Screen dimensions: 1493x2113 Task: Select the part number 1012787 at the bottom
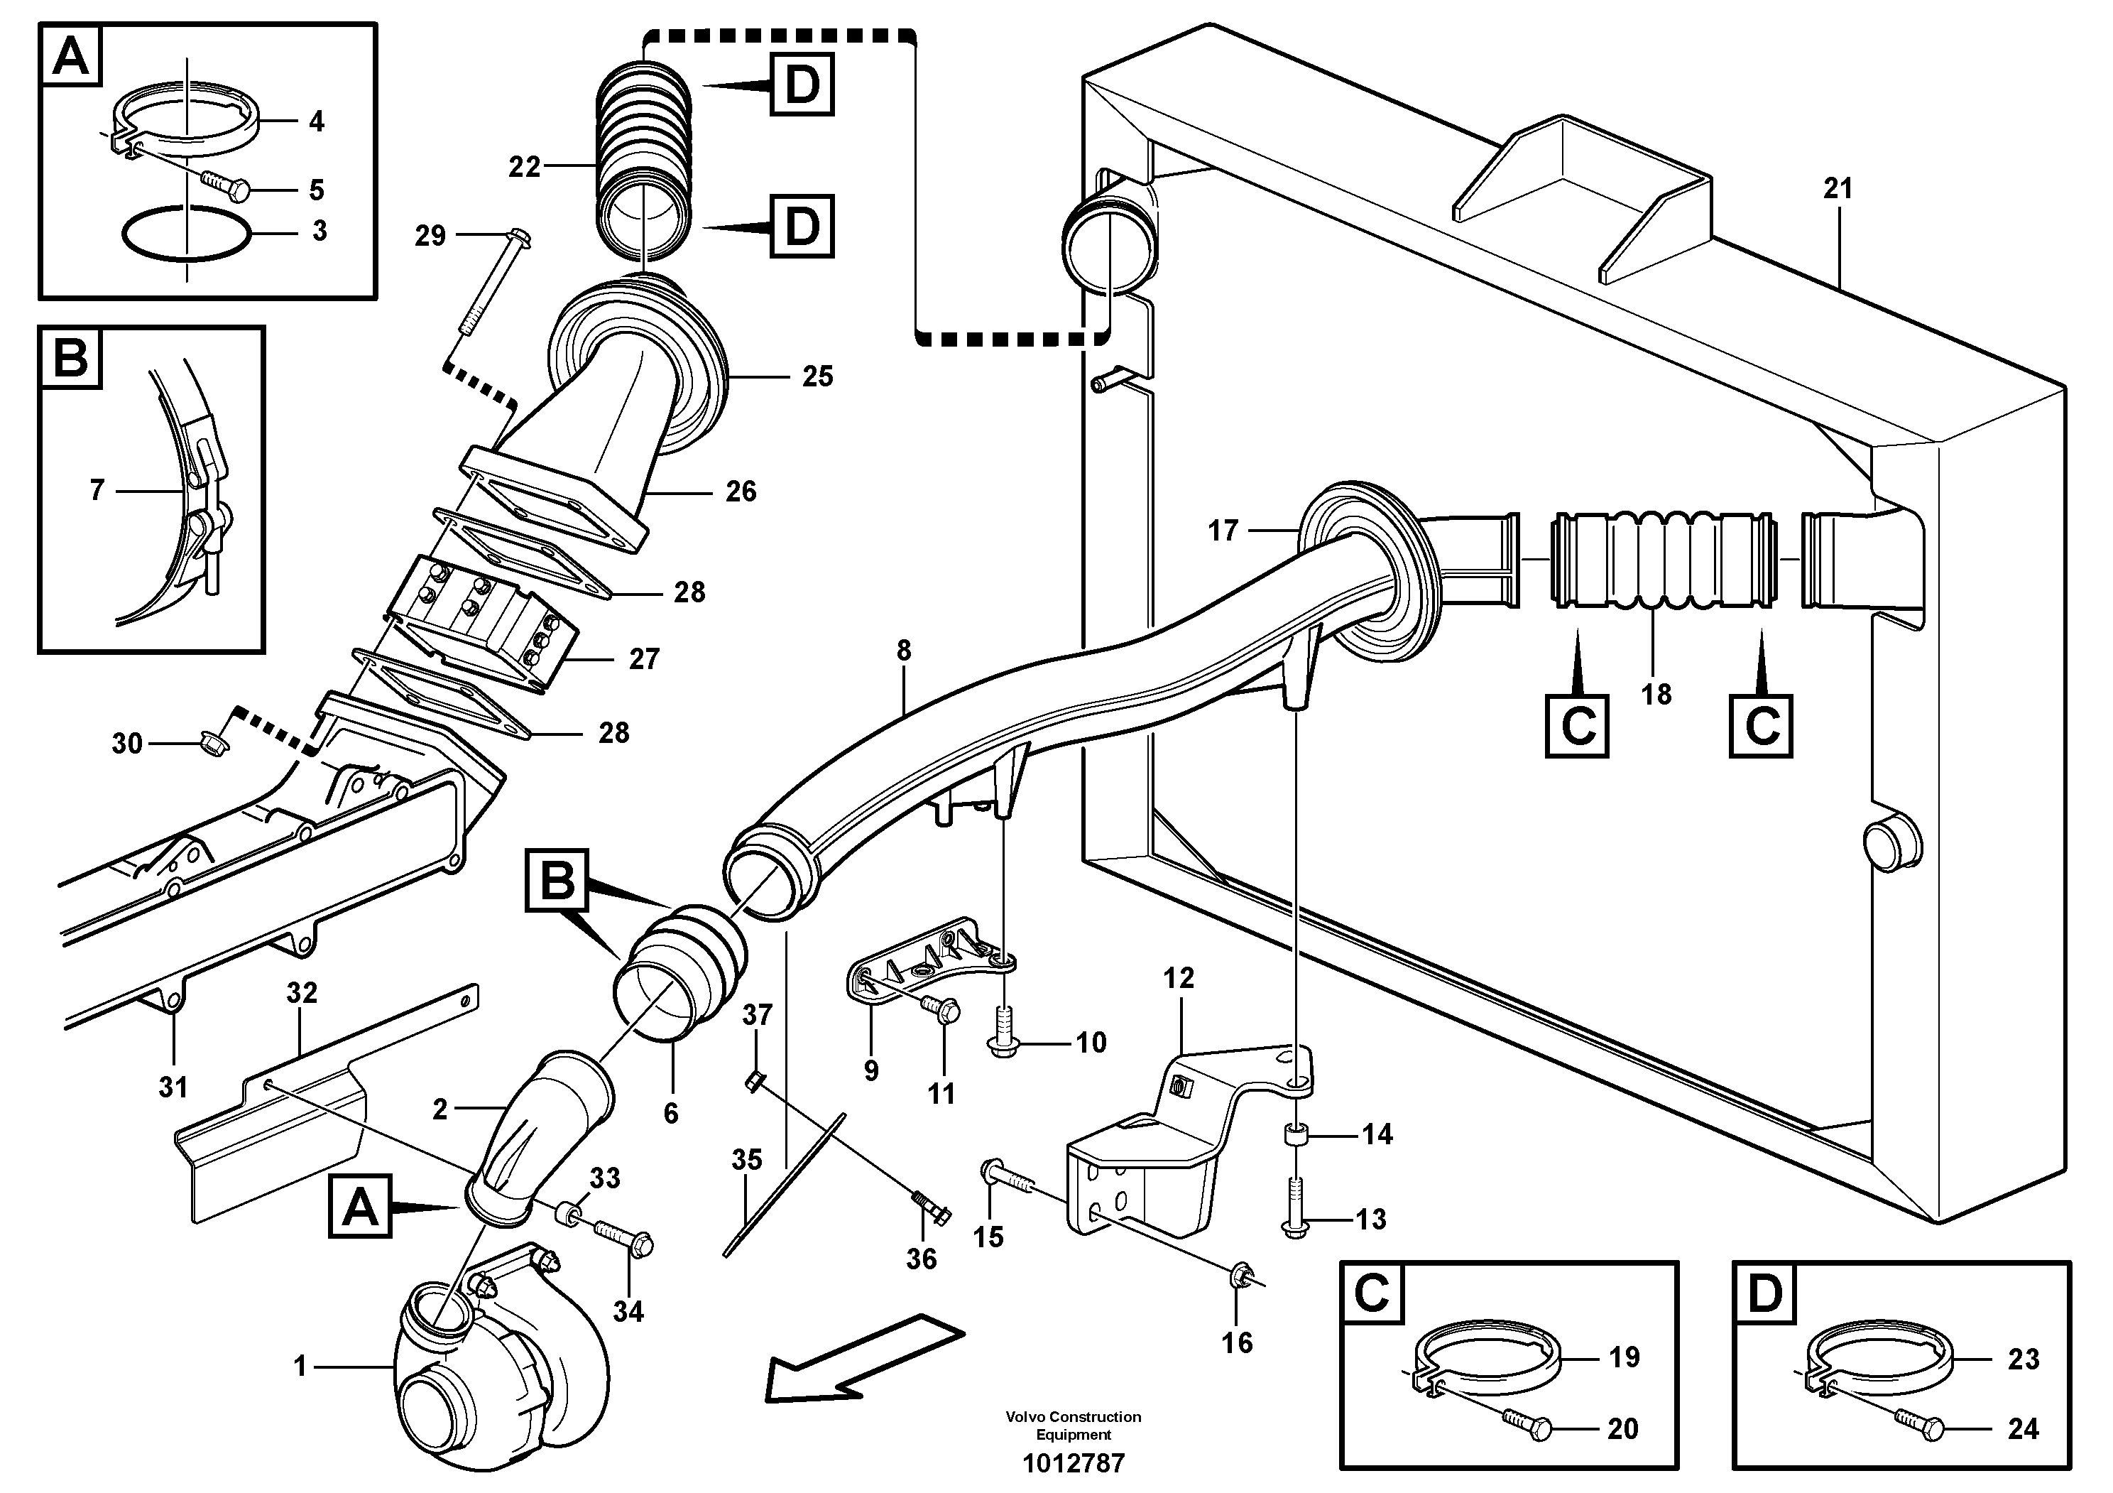point(1073,1462)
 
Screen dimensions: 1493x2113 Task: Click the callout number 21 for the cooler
point(1837,189)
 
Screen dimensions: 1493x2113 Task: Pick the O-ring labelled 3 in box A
point(187,237)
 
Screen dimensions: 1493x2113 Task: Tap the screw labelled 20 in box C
point(1528,1423)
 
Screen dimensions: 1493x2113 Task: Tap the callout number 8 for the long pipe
point(904,651)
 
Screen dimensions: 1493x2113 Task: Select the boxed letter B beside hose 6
point(557,881)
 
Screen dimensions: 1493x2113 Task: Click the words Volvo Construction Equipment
point(1073,1425)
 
